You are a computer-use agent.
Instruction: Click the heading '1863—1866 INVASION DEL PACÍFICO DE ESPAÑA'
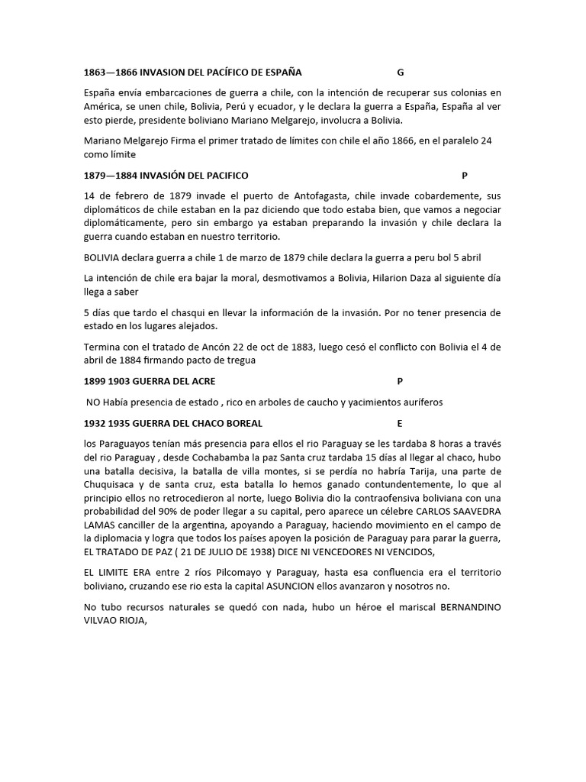(192, 73)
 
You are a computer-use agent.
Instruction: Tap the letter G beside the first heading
(400, 73)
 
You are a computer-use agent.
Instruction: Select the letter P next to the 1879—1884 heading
(465, 176)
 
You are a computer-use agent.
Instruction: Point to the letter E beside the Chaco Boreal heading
(399, 423)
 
